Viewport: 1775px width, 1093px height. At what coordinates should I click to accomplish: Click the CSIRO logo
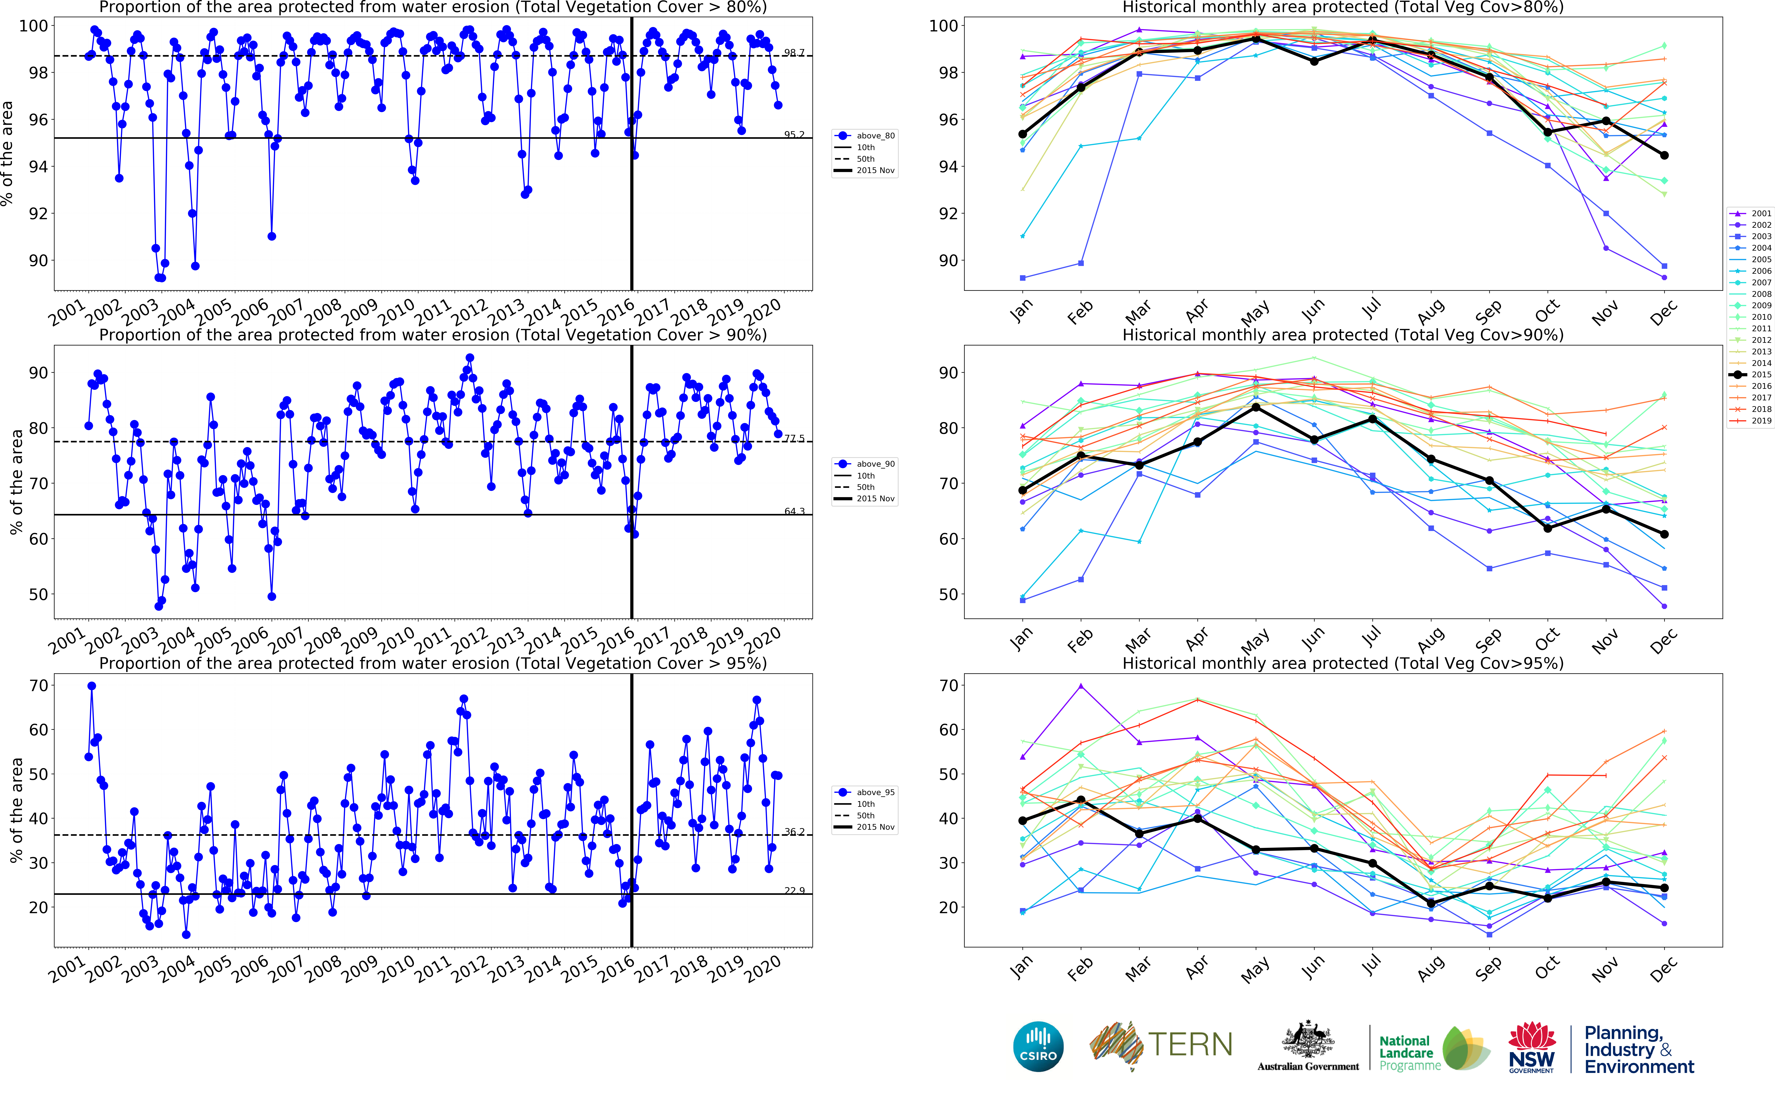pyautogui.click(x=1038, y=1046)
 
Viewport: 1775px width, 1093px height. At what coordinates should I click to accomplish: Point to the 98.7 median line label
pyautogui.click(x=794, y=53)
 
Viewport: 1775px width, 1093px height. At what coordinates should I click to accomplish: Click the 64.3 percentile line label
pyautogui.click(x=794, y=511)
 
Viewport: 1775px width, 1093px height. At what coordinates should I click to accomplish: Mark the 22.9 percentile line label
pyautogui.click(x=794, y=891)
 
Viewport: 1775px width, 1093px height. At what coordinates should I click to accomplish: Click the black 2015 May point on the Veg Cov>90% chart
pyautogui.click(x=1256, y=408)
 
